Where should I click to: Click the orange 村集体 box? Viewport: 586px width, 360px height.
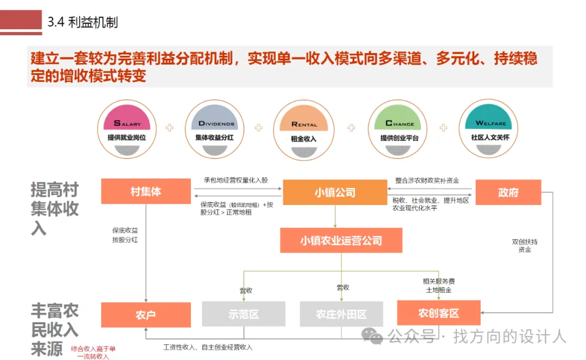coord(146,192)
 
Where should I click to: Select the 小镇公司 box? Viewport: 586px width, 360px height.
coord(335,192)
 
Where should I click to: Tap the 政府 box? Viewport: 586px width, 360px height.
coord(508,192)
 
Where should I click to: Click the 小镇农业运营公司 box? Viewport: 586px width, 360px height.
coord(341,241)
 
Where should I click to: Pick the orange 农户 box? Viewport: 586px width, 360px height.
coord(146,314)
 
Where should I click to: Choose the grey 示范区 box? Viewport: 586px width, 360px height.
coord(244,314)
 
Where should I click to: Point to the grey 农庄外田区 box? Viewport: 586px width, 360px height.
coord(341,314)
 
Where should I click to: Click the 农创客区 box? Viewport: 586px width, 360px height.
coord(438,313)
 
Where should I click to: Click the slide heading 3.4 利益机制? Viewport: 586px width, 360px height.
coord(82,22)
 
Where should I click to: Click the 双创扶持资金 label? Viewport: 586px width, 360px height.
coord(525,246)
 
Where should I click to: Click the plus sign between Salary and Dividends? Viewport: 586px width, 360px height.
coord(170,128)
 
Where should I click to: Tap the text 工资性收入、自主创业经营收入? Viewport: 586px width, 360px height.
coord(208,347)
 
